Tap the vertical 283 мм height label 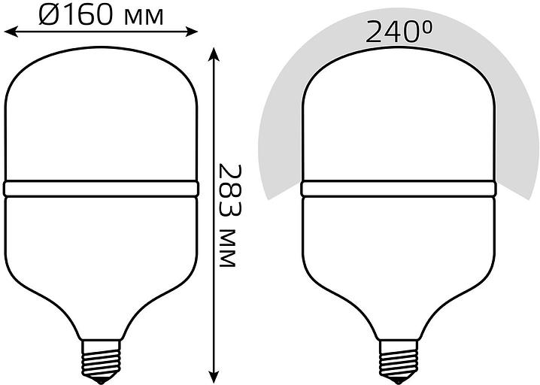click(x=228, y=216)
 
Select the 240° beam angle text click(x=399, y=32)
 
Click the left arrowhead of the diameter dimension click(x=11, y=32)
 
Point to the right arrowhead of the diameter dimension click(x=192, y=32)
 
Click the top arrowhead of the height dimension click(x=214, y=54)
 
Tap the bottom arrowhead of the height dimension click(x=214, y=376)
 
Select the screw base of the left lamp click(x=102, y=359)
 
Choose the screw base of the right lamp click(x=399, y=359)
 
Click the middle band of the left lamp click(x=102, y=189)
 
